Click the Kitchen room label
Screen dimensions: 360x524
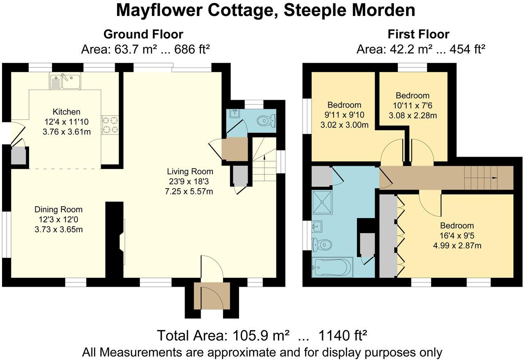(x=66, y=112)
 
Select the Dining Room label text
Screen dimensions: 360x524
(x=59, y=209)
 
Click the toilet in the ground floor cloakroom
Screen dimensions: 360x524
(x=267, y=120)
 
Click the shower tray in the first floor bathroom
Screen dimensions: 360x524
(x=323, y=202)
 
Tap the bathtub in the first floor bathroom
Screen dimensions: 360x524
(x=332, y=268)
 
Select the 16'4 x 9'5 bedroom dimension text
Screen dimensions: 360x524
(x=457, y=236)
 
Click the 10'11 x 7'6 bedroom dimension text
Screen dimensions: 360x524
(x=412, y=106)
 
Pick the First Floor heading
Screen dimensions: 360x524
(x=418, y=34)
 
